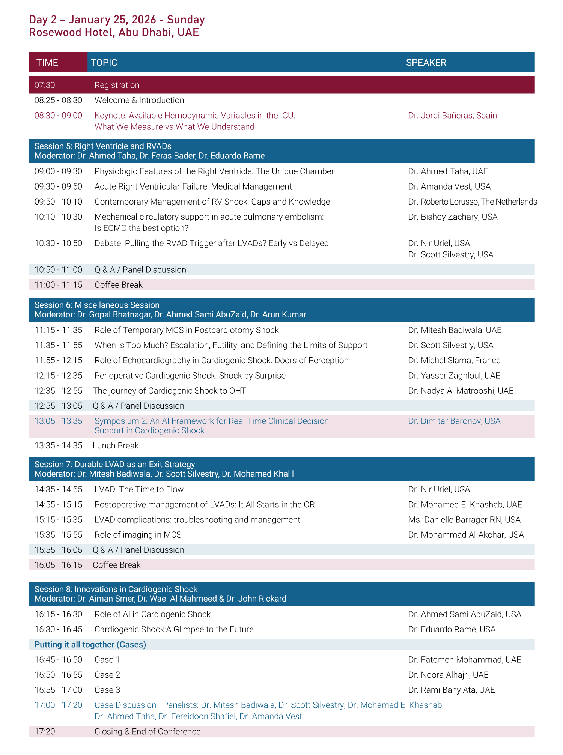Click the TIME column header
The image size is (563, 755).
pyautogui.click(x=47, y=62)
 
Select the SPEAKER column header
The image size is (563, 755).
pyautogui.click(x=426, y=62)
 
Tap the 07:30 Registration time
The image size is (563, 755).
pyautogui.click(x=45, y=85)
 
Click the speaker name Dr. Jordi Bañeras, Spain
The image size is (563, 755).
pyautogui.click(x=452, y=116)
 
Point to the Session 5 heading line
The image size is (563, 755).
pyautogui.click(x=103, y=146)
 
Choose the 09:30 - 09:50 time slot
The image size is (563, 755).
pyautogui.click(x=58, y=186)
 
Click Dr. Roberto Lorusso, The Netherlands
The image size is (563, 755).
pyautogui.click(x=473, y=202)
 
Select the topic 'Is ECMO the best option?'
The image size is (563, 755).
pyautogui.click(x=142, y=228)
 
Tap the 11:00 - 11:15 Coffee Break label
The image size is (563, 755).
pyautogui.click(x=118, y=285)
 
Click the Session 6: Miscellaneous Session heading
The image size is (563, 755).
pyautogui.click(x=97, y=305)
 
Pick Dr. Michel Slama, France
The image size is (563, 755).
pyautogui.click(x=454, y=361)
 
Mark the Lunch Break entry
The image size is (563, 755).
pyautogui.click(x=116, y=445)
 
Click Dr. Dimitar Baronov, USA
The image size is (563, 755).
pyautogui.click(x=454, y=421)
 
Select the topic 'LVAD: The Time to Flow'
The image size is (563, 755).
pyautogui.click(x=139, y=489)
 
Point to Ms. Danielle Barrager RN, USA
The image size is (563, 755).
pyautogui.click(x=464, y=520)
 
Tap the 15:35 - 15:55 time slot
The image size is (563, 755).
pyautogui.click(x=58, y=535)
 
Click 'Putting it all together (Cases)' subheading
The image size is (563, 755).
pyautogui.click(x=90, y=645)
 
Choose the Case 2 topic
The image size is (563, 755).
pyautogui.click(x=107, y=675)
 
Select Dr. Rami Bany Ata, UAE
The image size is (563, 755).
pyautogui.click(x=452, y=690)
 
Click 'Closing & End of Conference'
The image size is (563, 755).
pyautogui.click(x=148, y=731)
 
